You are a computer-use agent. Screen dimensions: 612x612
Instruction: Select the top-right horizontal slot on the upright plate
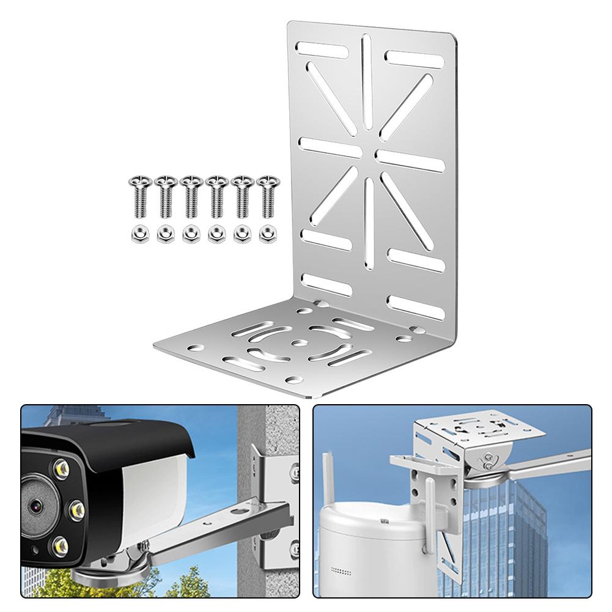pos(415,59)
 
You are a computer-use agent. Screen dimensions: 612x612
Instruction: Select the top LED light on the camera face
pos(61,468)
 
